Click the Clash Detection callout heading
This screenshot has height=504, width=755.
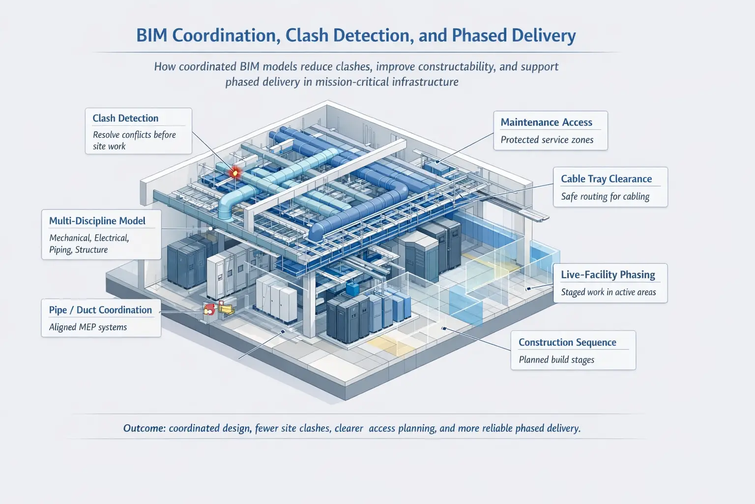click(x=125, y=118)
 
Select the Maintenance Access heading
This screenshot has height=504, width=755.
click(x=546, y=122)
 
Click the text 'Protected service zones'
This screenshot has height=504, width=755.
click(x=547, y=140)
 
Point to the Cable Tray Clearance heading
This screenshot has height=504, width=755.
click(x=606, y=179)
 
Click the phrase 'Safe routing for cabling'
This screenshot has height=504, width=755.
click(x=605, y=196)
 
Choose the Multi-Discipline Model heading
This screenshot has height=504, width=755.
click(x=97, y=220)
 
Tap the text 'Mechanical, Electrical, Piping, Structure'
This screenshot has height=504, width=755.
click(x=88, y=244)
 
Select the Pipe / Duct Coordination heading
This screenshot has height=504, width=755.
click(x=100, y=310)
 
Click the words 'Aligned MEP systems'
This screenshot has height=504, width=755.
click(x=88, y=327)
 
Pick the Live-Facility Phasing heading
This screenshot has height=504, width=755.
click(x=608, y=275)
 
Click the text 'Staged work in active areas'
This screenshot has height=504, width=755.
click(x=608, y=292)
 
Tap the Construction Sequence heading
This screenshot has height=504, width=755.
click(x=567, y=342)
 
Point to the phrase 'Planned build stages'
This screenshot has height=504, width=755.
click(x=556, y=360)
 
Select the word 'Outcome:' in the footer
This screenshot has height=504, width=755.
click(x=144, y=428)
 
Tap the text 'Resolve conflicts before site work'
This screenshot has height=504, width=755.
click(x=134, y=140)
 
